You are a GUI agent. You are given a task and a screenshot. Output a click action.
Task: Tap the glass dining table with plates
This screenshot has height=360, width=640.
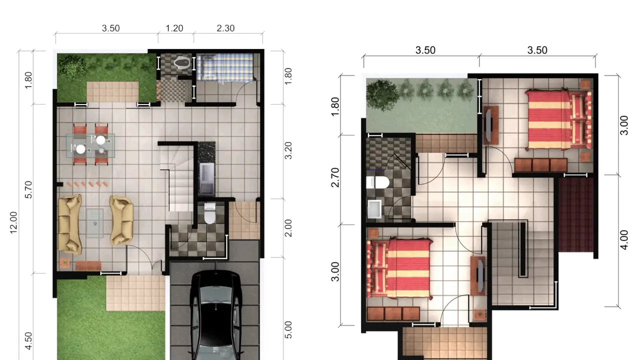click(90, 145)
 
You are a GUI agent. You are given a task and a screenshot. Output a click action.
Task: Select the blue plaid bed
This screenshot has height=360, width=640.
click(225, 67)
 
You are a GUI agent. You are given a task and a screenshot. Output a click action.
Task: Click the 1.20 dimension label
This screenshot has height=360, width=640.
click(174, 28)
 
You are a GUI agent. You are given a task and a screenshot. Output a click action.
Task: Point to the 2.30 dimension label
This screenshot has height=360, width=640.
click(225, 28)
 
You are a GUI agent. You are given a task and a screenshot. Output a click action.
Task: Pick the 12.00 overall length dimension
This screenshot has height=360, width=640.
click(13, 222)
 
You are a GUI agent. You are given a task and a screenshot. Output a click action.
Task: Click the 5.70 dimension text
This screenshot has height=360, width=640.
click(28, 189)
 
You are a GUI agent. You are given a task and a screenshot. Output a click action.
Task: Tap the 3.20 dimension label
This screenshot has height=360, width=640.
click(288, 150)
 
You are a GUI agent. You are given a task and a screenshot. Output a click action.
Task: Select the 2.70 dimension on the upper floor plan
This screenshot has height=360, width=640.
click(335, 177)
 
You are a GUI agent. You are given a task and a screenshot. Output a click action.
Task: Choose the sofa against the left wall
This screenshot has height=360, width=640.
click(70, 224)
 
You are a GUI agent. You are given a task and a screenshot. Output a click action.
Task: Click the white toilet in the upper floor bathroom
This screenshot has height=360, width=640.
click(377, 182)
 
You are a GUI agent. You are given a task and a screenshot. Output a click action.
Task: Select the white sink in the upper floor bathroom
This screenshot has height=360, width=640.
click(374, 209)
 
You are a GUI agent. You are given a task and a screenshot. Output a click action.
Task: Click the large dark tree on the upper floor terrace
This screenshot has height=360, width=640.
click(382, 95)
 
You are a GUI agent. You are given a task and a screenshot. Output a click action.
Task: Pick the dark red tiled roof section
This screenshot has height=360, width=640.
click(575, 215)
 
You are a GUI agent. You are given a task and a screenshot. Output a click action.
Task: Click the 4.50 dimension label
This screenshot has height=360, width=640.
click(28, 340)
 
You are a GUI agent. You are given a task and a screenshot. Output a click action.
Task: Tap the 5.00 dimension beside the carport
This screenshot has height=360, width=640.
click(288, 330)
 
